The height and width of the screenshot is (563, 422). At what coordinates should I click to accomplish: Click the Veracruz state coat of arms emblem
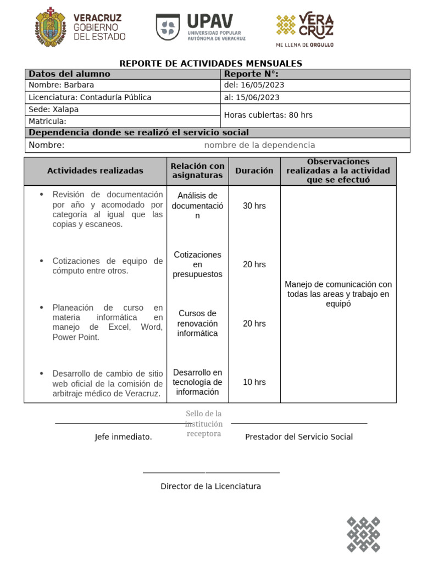pyautogui.click(x=51, y=27)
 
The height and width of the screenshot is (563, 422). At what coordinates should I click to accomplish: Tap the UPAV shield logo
pyautogui.click(x=168, y=27)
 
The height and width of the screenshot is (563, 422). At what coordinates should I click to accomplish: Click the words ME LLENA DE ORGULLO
pyautogui.click(x=304, y=45)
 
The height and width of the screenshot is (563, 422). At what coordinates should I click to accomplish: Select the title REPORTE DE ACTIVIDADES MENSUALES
pyautogui.click(x=211, y=64)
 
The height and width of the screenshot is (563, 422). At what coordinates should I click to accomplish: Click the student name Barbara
pyautogui.click(x=79, y=85)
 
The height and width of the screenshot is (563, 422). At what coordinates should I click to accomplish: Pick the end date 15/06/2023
pyautogui.click(x=258, y=97)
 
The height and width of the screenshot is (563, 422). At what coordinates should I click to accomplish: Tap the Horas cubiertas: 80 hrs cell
pyautogui.click(x=268, y=115)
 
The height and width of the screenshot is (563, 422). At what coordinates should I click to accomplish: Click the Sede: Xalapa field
pyautogui.click(x=53, y=109)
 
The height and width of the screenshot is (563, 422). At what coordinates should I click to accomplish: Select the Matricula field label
pyautogui.click(x=47, y=122)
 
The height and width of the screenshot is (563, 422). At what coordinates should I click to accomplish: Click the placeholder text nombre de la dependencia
pyautogui.click(x=259, y=145)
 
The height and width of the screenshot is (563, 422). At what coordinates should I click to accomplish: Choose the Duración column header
pyautogui.click(x=254, y=170)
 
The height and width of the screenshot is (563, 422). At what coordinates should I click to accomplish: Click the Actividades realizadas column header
pyautogui.click(x=95, y=170)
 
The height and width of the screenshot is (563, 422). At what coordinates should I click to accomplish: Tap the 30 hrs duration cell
pyautogui.click(x=254, y=206)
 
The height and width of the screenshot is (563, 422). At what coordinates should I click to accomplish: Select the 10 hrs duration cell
pyautogui.click(x=254, y=382)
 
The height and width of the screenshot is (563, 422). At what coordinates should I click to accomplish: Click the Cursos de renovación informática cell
pyautogui.click(x=197, y=323)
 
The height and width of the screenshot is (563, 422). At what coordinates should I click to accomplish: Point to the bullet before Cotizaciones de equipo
pyautogui.click(x=41, y=261)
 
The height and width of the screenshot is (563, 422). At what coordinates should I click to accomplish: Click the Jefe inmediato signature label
pyautogui.click(x=123, y=437)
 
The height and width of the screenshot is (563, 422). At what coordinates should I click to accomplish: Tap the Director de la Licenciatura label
pyautogui.click(x=210, y=487)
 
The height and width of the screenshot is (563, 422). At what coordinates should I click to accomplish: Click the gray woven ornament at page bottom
pyautogui.click(x=363, y=534)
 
